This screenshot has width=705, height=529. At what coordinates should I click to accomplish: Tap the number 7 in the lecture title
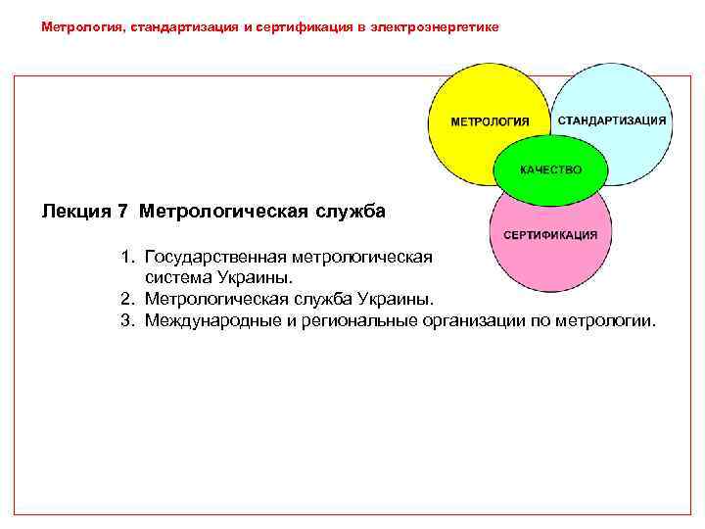[x=123, y=211]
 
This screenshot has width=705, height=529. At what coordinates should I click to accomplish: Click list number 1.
[x=127, y=257]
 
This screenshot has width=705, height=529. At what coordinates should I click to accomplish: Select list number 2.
[x=127, y=298]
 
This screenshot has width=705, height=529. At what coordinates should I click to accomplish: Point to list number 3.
[x=127, y=319]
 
